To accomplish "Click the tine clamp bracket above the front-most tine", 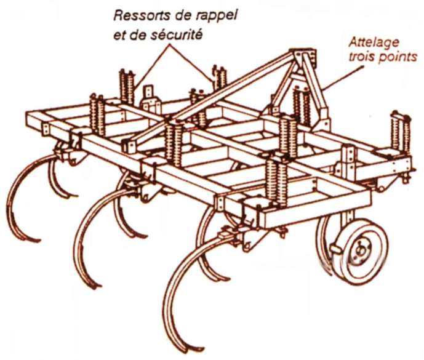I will point(229,234).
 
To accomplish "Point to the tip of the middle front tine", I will point(95,284).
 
